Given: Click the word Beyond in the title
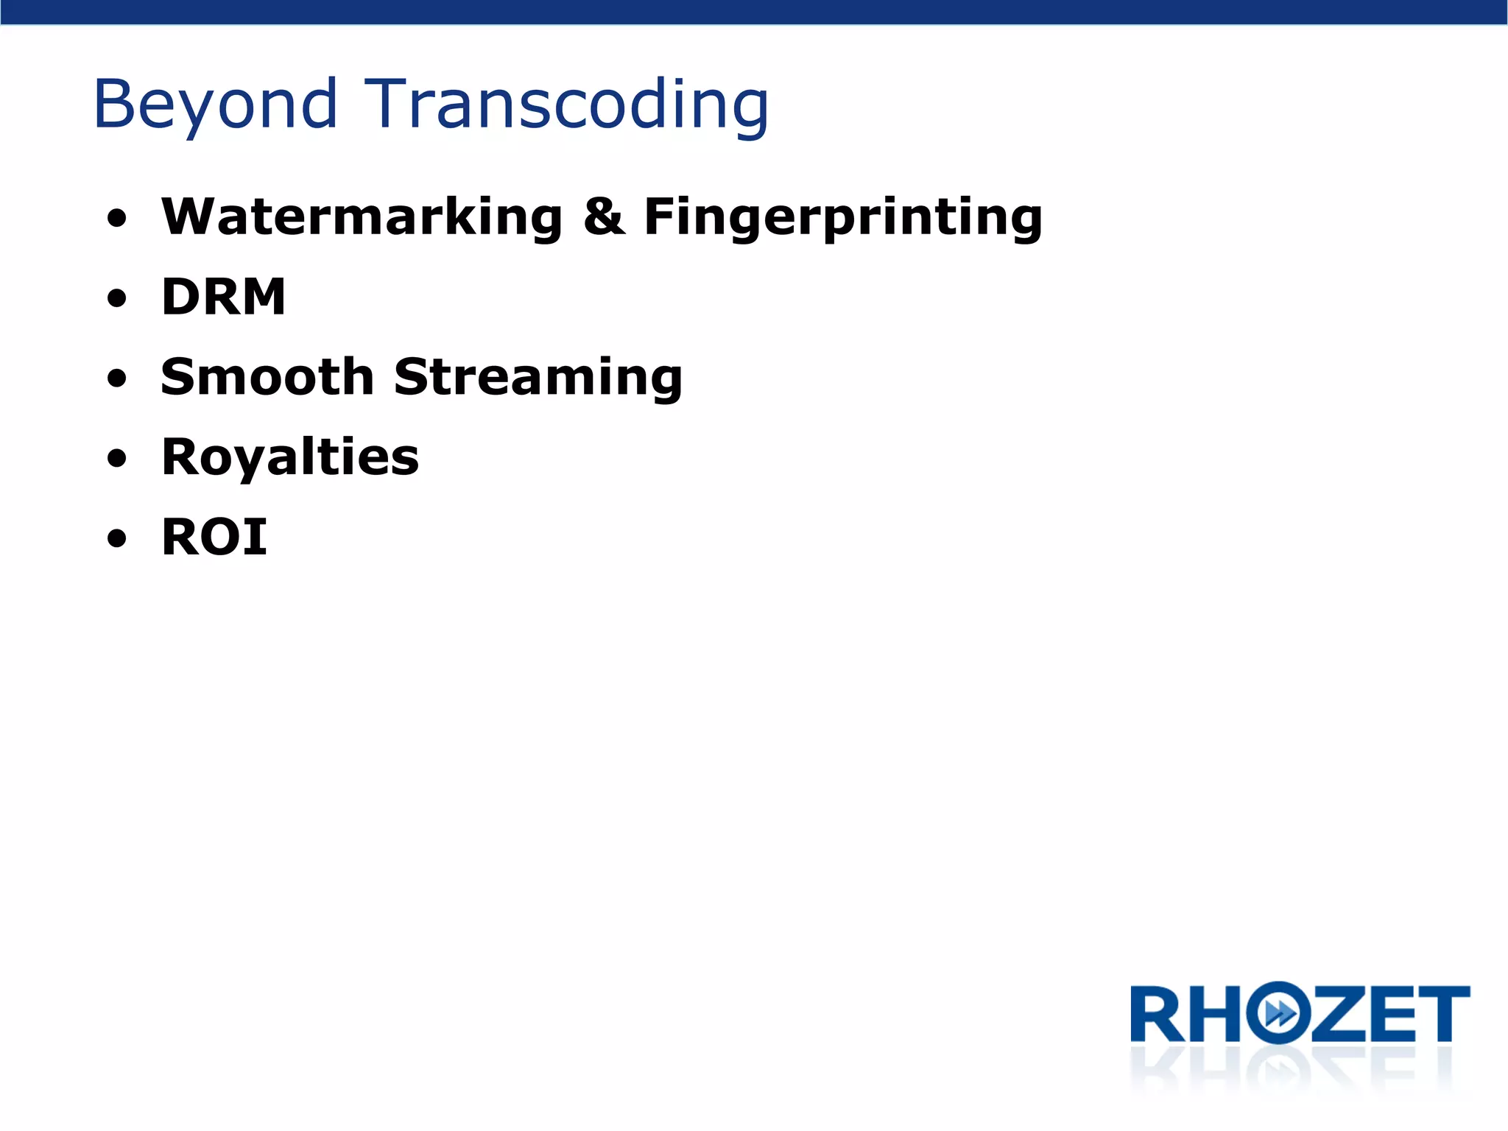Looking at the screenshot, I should [x=215, y=105].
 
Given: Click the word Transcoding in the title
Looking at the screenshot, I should [x=566, y=105].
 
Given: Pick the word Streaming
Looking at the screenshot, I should [x=538, y=377].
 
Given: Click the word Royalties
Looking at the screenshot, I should [x=290, y=457].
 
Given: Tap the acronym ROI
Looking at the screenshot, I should [x=214, y=537].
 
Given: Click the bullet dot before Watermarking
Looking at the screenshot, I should [x=116, y=219].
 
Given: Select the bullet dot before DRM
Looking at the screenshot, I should [x=116, y=299].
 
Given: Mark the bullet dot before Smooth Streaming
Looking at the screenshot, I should [x=116, y=379].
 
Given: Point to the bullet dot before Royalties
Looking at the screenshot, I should [x=116, y=459].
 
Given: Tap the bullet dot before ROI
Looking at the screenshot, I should [x=116, y=539].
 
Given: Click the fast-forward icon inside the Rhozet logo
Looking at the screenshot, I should [x=1280, y=1014].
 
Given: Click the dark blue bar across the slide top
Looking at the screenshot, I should [x=754, y=12].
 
